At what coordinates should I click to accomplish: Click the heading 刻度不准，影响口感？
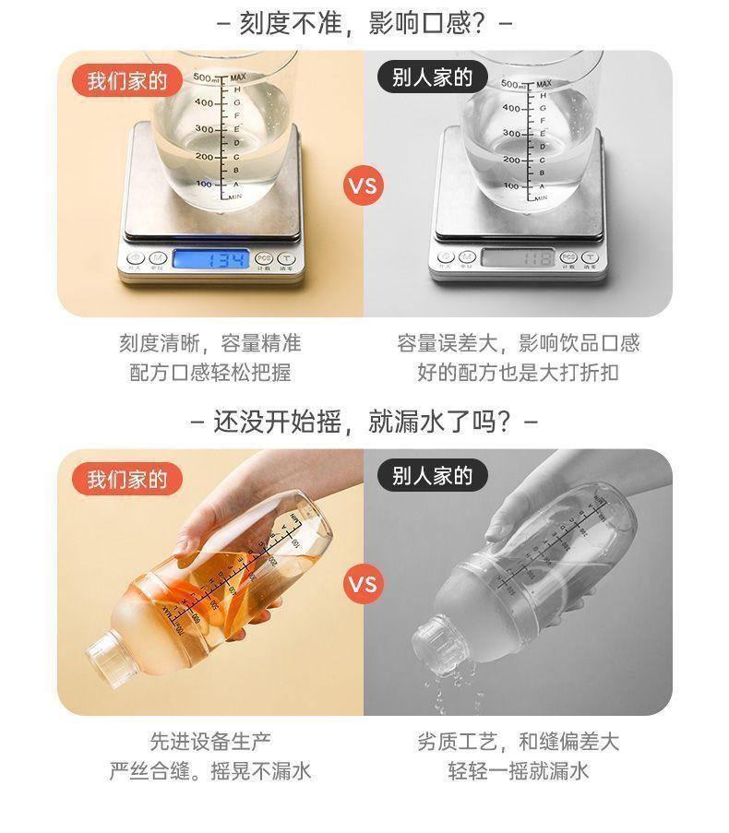click(x=364, y=22)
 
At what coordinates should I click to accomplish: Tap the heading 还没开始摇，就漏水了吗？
click(x=364, y=422)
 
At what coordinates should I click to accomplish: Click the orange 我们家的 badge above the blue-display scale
click(x=127, y=80)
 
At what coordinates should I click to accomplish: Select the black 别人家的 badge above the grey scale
click(x=432, y=77)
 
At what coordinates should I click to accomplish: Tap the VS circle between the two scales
click(x=364, y=185)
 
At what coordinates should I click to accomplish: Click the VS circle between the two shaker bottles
click(x=364, y=584)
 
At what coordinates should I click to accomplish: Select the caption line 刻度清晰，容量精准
click(x=209, y=344)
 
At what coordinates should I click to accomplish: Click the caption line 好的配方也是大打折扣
click(x=518, y=373)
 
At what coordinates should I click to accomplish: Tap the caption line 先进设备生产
click(x=210, y=741)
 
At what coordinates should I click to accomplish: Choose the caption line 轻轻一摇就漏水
click(x=518, y=771)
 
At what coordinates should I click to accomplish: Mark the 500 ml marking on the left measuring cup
click(x=206, y=77)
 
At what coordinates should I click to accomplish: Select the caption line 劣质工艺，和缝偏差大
click(x=518, y=741)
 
